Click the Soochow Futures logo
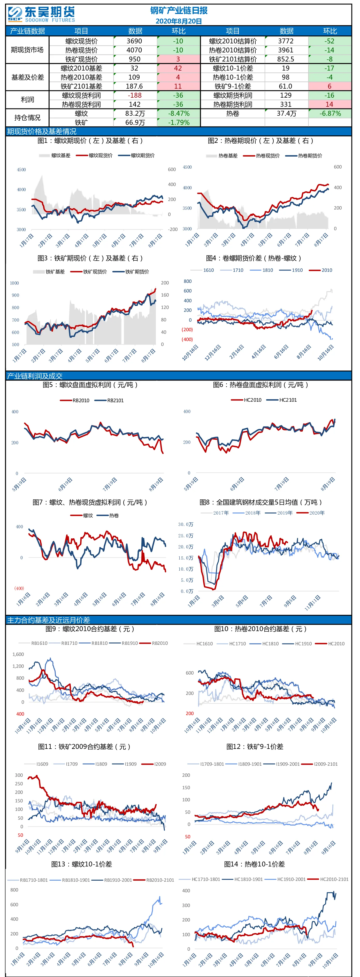(x=41, y=14)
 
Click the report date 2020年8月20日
(x=179, y=21)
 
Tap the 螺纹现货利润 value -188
(x=134, y=96)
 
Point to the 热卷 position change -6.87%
(x=330, y=113)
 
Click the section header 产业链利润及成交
(x=35, y=376)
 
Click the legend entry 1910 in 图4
(x=291, y=270)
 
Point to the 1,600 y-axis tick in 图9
(x=18, y=654)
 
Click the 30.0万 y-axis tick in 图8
(x=186, y=524)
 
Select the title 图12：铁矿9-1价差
(x=255, y=746)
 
